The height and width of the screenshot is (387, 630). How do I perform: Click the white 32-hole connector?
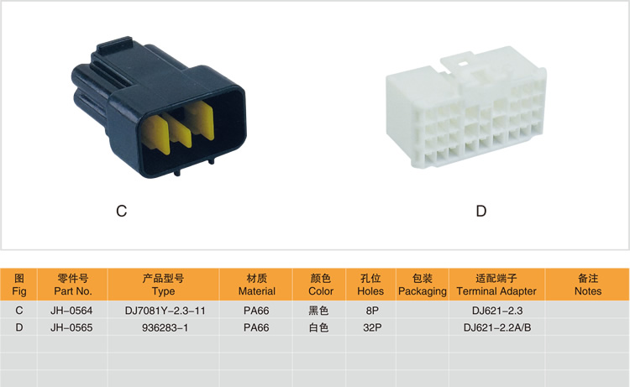pyautogui.click(x=466, y=108)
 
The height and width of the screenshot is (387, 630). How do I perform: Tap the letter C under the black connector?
pyautogui.click(x=121, y=211)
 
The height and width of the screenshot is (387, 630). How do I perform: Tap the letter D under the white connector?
pyautogui.click(x=481, y=211)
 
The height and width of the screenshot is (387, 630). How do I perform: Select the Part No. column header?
pyautogui.click(x=73, y=285)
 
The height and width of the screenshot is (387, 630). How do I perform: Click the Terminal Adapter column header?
pyautogui.click(x=496, y=285)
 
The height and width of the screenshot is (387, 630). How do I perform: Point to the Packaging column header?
pyautogui.click(x=423, y=285)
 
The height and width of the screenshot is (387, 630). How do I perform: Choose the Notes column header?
pyautogui.click(x=587, y=285)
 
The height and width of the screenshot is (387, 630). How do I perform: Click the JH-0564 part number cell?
pyautogui.click(x=71, y=311)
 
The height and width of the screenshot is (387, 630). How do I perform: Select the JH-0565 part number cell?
pyautogui.click(x=71, y=327)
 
